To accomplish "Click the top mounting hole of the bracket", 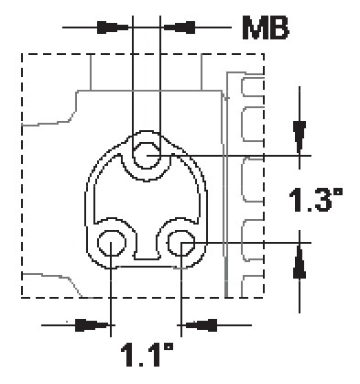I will [x=147, y=156].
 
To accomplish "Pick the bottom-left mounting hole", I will [x=112, y=243].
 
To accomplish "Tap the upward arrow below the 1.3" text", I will [x=299, y=263].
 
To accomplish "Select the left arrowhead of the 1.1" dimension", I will [x=90, y=324].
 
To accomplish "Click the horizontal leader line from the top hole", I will [x=229, y=156].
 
